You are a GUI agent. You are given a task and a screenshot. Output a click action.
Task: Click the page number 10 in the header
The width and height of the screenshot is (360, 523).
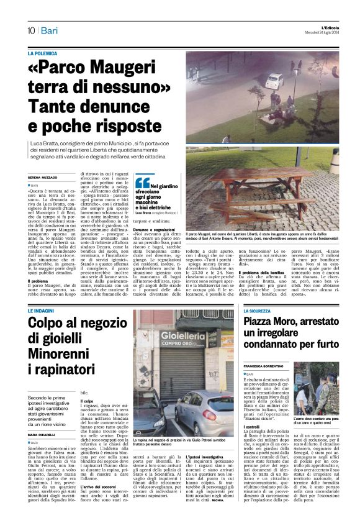30,30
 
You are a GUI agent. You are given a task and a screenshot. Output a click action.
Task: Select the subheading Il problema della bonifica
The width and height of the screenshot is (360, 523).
263,291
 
